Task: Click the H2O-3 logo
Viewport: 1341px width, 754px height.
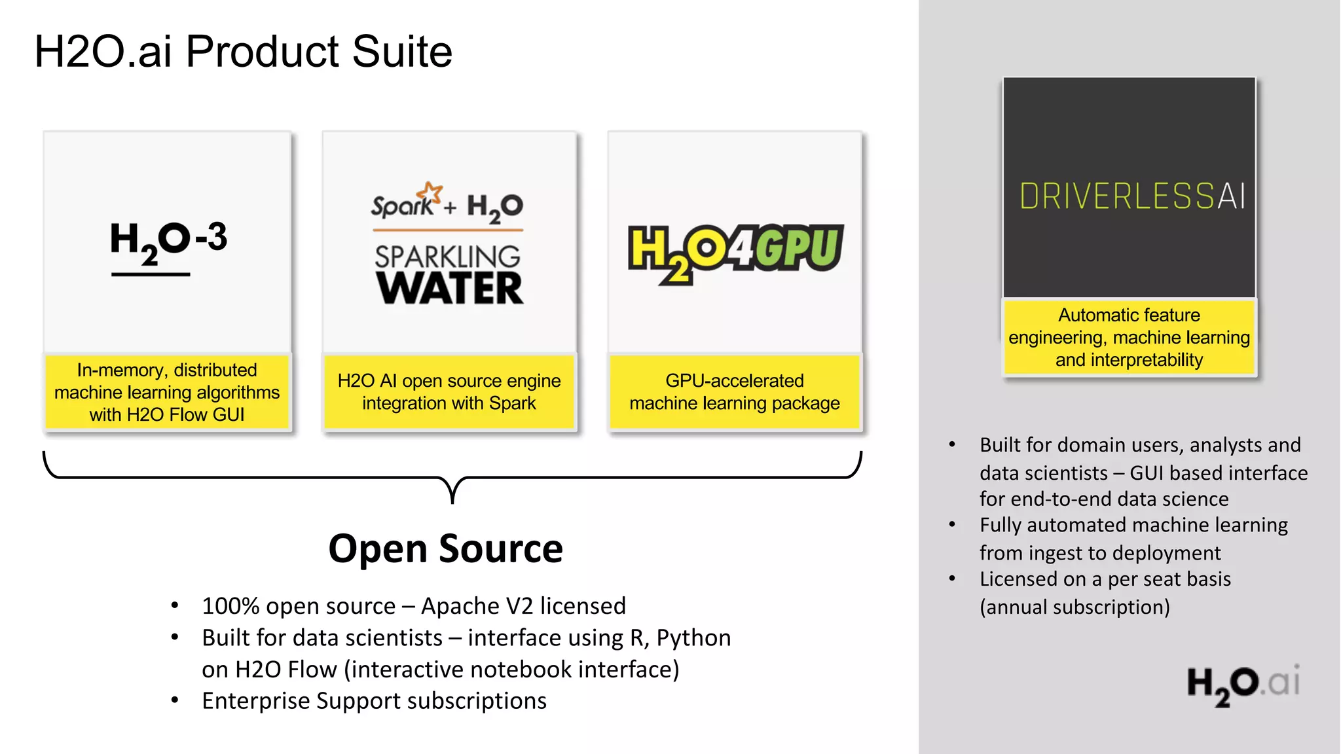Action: [168, 242]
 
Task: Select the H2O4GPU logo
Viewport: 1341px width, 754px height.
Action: [735, 252]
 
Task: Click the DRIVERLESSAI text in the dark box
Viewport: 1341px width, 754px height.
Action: [1132, 196]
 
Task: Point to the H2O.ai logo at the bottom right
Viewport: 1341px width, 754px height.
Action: [1243, 684]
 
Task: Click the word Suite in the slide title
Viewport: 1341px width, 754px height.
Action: [401, 52]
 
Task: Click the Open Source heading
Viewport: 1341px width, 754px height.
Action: [445, 548]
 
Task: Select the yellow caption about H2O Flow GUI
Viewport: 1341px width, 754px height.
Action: [167, 392]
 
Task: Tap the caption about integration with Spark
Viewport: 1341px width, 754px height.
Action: [449, 392]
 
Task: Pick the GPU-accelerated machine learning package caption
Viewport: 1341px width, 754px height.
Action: [735, 392]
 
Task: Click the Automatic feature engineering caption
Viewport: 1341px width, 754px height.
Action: [1129, 337]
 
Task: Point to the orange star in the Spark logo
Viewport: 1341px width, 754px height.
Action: [431, 192]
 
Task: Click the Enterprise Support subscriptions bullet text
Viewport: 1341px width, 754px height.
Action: [374, 700]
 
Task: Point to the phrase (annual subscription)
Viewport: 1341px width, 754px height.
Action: [1075, 607]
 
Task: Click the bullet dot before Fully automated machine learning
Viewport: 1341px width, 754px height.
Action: [952, 525]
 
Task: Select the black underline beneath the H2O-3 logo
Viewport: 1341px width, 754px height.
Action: [151, 275]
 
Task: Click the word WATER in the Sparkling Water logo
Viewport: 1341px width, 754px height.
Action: [450, 289]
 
